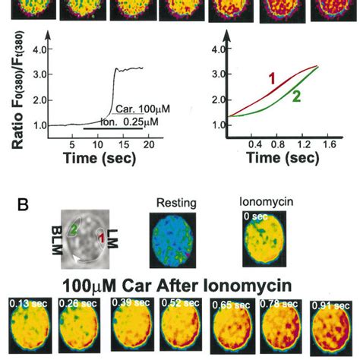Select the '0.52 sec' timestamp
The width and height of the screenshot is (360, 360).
(x=177, y=304)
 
